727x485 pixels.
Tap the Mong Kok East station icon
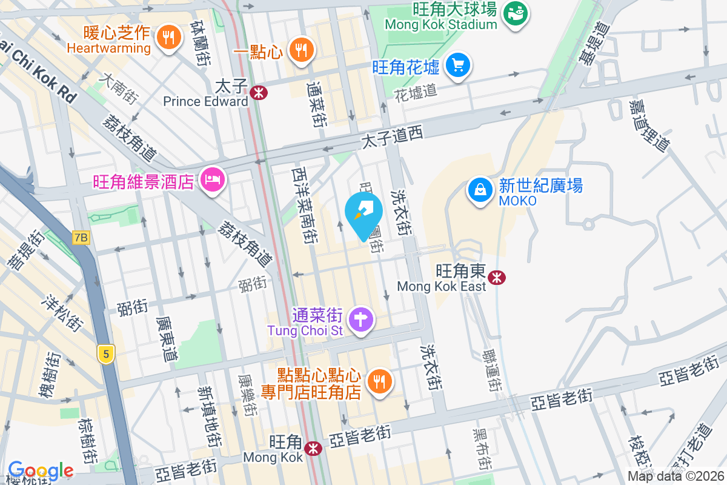(498, 278)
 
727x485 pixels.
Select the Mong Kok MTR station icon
(313, 449)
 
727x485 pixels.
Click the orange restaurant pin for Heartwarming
(168, 38)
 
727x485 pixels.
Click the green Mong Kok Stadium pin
(516, 12)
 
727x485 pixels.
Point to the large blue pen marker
(363, 213)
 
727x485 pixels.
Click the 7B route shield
(81, 238)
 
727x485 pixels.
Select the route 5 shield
(105, 354)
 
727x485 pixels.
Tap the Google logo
(41, 470)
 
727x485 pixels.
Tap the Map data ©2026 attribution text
(676, 477)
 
